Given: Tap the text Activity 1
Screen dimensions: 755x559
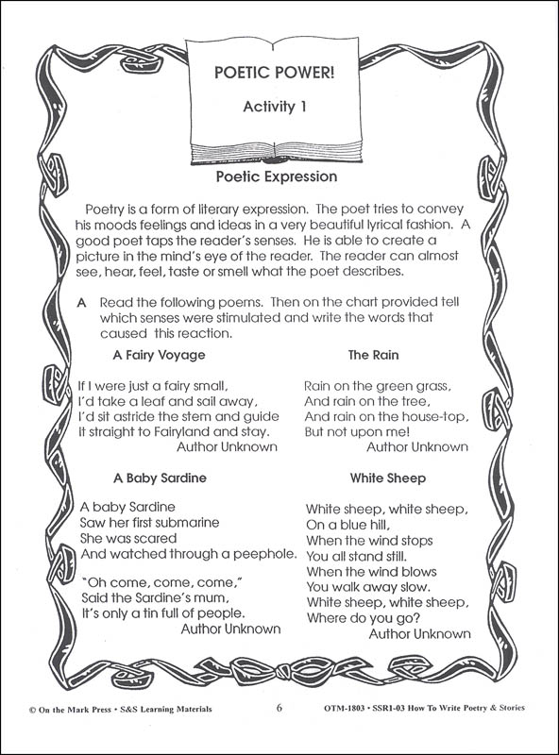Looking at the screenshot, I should point(279,108).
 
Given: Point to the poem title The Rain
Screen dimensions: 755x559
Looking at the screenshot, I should point(373,356).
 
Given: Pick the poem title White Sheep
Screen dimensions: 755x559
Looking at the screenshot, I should point(387,478).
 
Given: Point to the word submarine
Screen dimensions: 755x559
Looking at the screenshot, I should point(187,522).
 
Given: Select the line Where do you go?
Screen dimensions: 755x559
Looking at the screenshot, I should point(363,617).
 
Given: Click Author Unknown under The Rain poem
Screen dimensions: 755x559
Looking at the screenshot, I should point(416,446).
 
